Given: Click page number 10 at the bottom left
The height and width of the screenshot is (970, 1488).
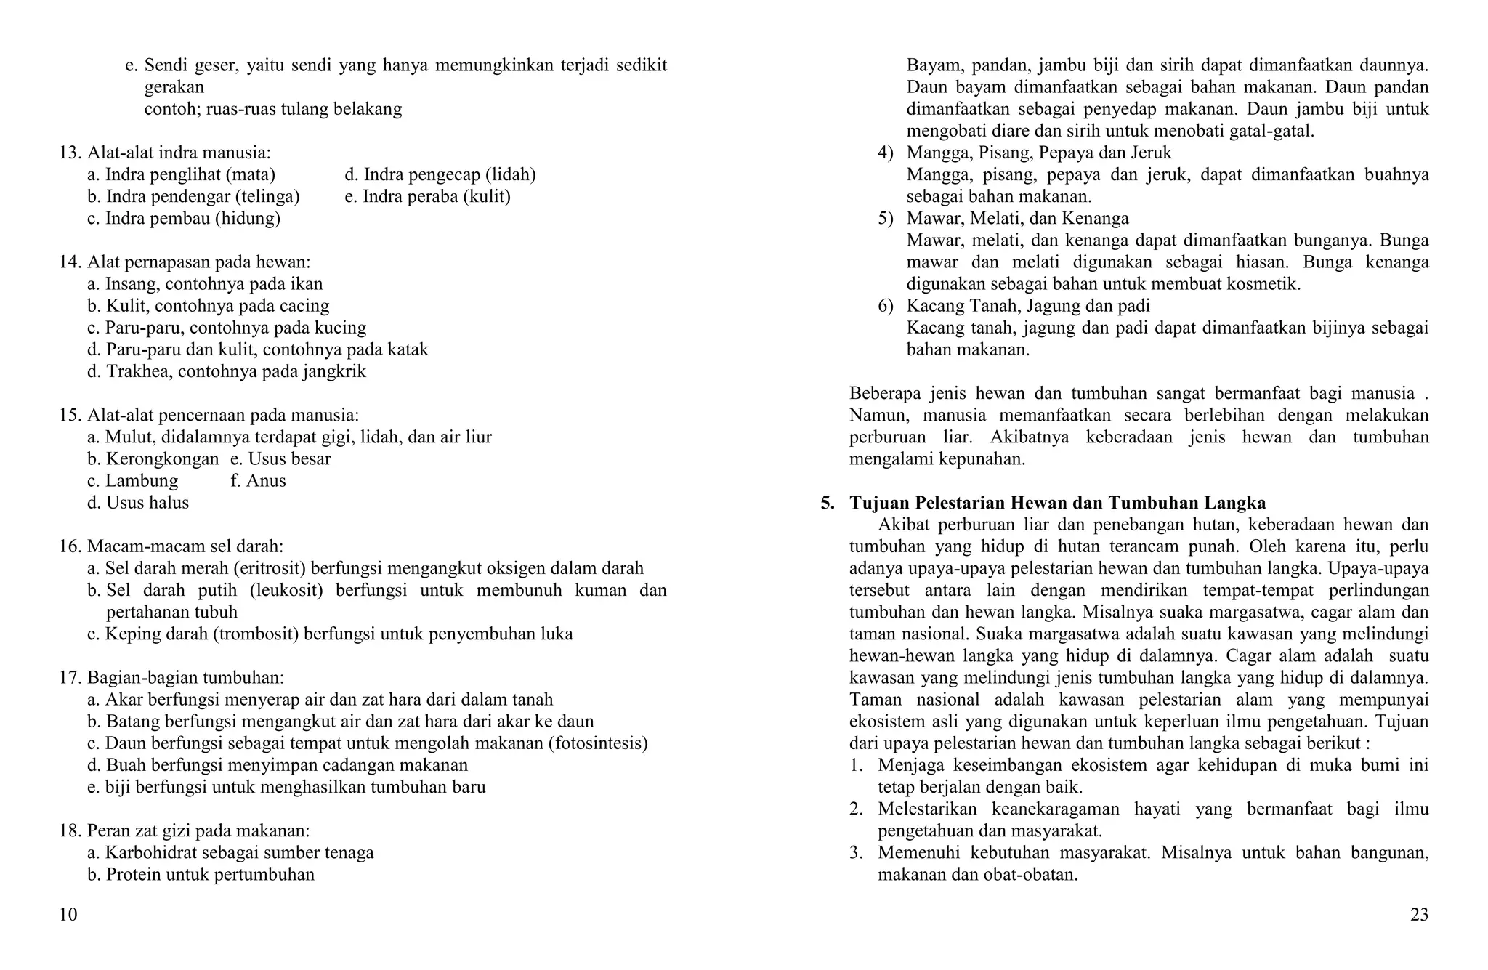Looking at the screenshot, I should coord(68,915).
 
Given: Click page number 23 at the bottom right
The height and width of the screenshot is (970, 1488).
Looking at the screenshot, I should coord(1419,915).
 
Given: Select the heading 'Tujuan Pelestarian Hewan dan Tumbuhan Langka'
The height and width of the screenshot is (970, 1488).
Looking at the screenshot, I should coord(1057,503).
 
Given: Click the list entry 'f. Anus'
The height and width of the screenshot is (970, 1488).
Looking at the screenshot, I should coord(258,481).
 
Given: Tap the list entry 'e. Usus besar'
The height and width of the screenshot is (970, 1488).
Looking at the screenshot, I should coord(280,459).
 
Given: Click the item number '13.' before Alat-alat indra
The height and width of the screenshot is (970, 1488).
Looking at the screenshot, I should coord(70,153).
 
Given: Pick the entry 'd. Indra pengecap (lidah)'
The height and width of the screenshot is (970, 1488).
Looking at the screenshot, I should coord(440,175).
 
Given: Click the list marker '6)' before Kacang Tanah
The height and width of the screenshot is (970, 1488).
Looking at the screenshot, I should coord(885,306).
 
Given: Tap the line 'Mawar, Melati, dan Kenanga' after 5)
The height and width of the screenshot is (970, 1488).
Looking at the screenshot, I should coord(1017,219).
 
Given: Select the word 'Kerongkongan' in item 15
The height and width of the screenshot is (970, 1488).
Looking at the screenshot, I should coord(162,459).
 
